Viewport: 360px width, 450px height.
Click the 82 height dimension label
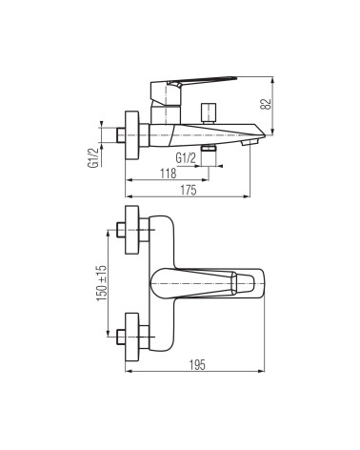(267, 105)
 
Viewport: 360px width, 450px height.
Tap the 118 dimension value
(168, 174)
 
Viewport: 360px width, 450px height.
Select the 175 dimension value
(189, 190)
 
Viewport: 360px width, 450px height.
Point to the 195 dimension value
(197, 365)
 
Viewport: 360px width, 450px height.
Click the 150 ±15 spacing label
(102, 283)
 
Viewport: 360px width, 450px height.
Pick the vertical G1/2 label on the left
(92, 157)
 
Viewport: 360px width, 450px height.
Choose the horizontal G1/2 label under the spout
(186, 158)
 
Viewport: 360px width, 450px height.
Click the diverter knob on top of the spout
(209, 112)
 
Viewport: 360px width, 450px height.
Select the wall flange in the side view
(132, 135)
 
